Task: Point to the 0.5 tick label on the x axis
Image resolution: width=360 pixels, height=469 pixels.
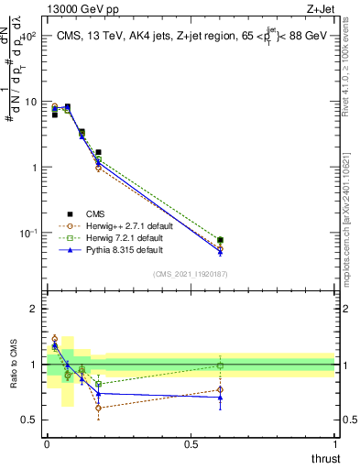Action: (x=191, y=444)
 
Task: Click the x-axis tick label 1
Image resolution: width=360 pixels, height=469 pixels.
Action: (x=334, y=444)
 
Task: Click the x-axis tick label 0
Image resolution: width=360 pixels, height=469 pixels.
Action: (x=47, y=444)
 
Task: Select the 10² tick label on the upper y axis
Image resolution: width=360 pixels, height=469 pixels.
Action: (x=27, y=37)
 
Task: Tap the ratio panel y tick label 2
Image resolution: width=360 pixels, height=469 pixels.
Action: (x=34, y=309)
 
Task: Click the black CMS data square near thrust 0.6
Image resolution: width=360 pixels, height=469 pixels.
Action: (x=220, y=240)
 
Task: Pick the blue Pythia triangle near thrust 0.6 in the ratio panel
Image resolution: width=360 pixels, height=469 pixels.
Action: (x=220, y=398)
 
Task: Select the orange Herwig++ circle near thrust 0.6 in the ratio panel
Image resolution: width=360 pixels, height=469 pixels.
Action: (x=220, y=389)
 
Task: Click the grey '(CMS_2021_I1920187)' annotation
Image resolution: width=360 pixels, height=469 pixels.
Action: (x=191, y=273)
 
